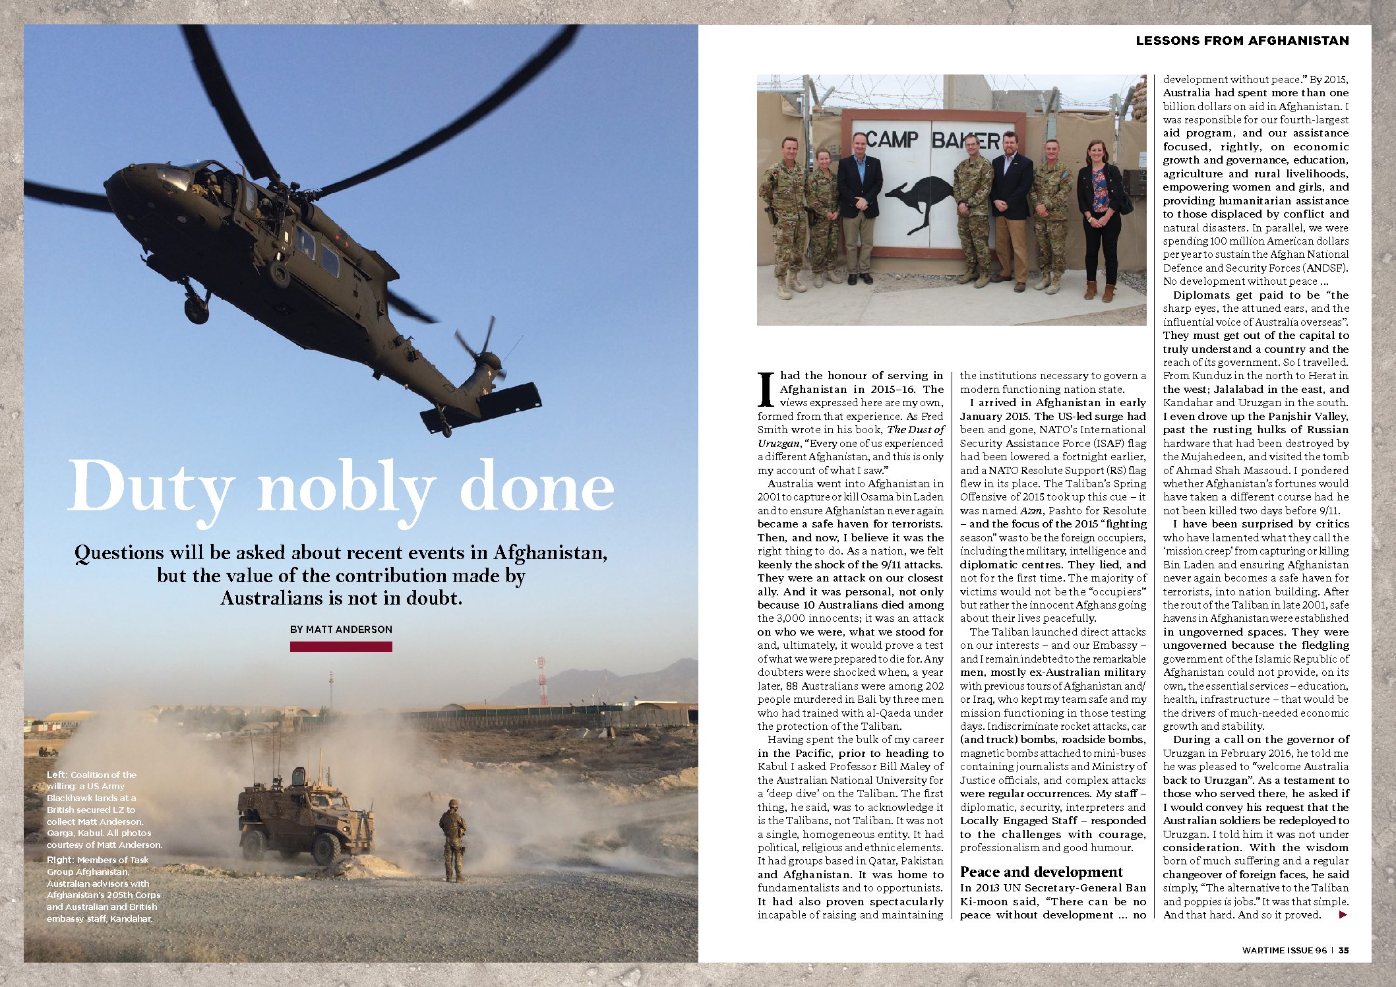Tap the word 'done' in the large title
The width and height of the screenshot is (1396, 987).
(537, 486)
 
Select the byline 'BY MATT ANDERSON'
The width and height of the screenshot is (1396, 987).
(341, 630)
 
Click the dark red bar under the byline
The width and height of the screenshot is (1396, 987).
(341, 647)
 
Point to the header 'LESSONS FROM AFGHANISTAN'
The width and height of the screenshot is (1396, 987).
(1242, 41)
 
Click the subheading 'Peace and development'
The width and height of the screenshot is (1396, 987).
(1041, 872)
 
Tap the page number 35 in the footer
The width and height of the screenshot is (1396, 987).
(1344, 950)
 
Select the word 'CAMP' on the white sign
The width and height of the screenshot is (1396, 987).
(891, 140)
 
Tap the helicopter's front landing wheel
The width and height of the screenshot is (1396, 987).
(196, 309)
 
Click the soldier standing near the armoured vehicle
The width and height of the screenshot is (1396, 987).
(453, 839)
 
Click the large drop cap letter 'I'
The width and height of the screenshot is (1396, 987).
(766, 390)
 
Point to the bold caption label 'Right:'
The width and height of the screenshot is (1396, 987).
(60, 860)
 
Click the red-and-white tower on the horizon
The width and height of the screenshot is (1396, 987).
(542, 681)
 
